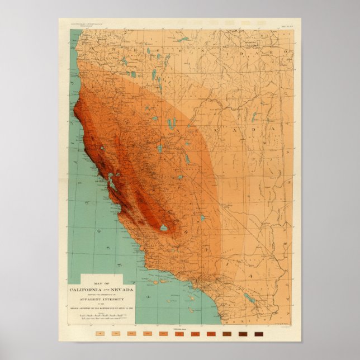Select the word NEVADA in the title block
point(122,290)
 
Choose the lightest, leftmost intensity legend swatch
point(99,334)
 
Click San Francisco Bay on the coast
point(112,181)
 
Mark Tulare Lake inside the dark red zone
point(163,228)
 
